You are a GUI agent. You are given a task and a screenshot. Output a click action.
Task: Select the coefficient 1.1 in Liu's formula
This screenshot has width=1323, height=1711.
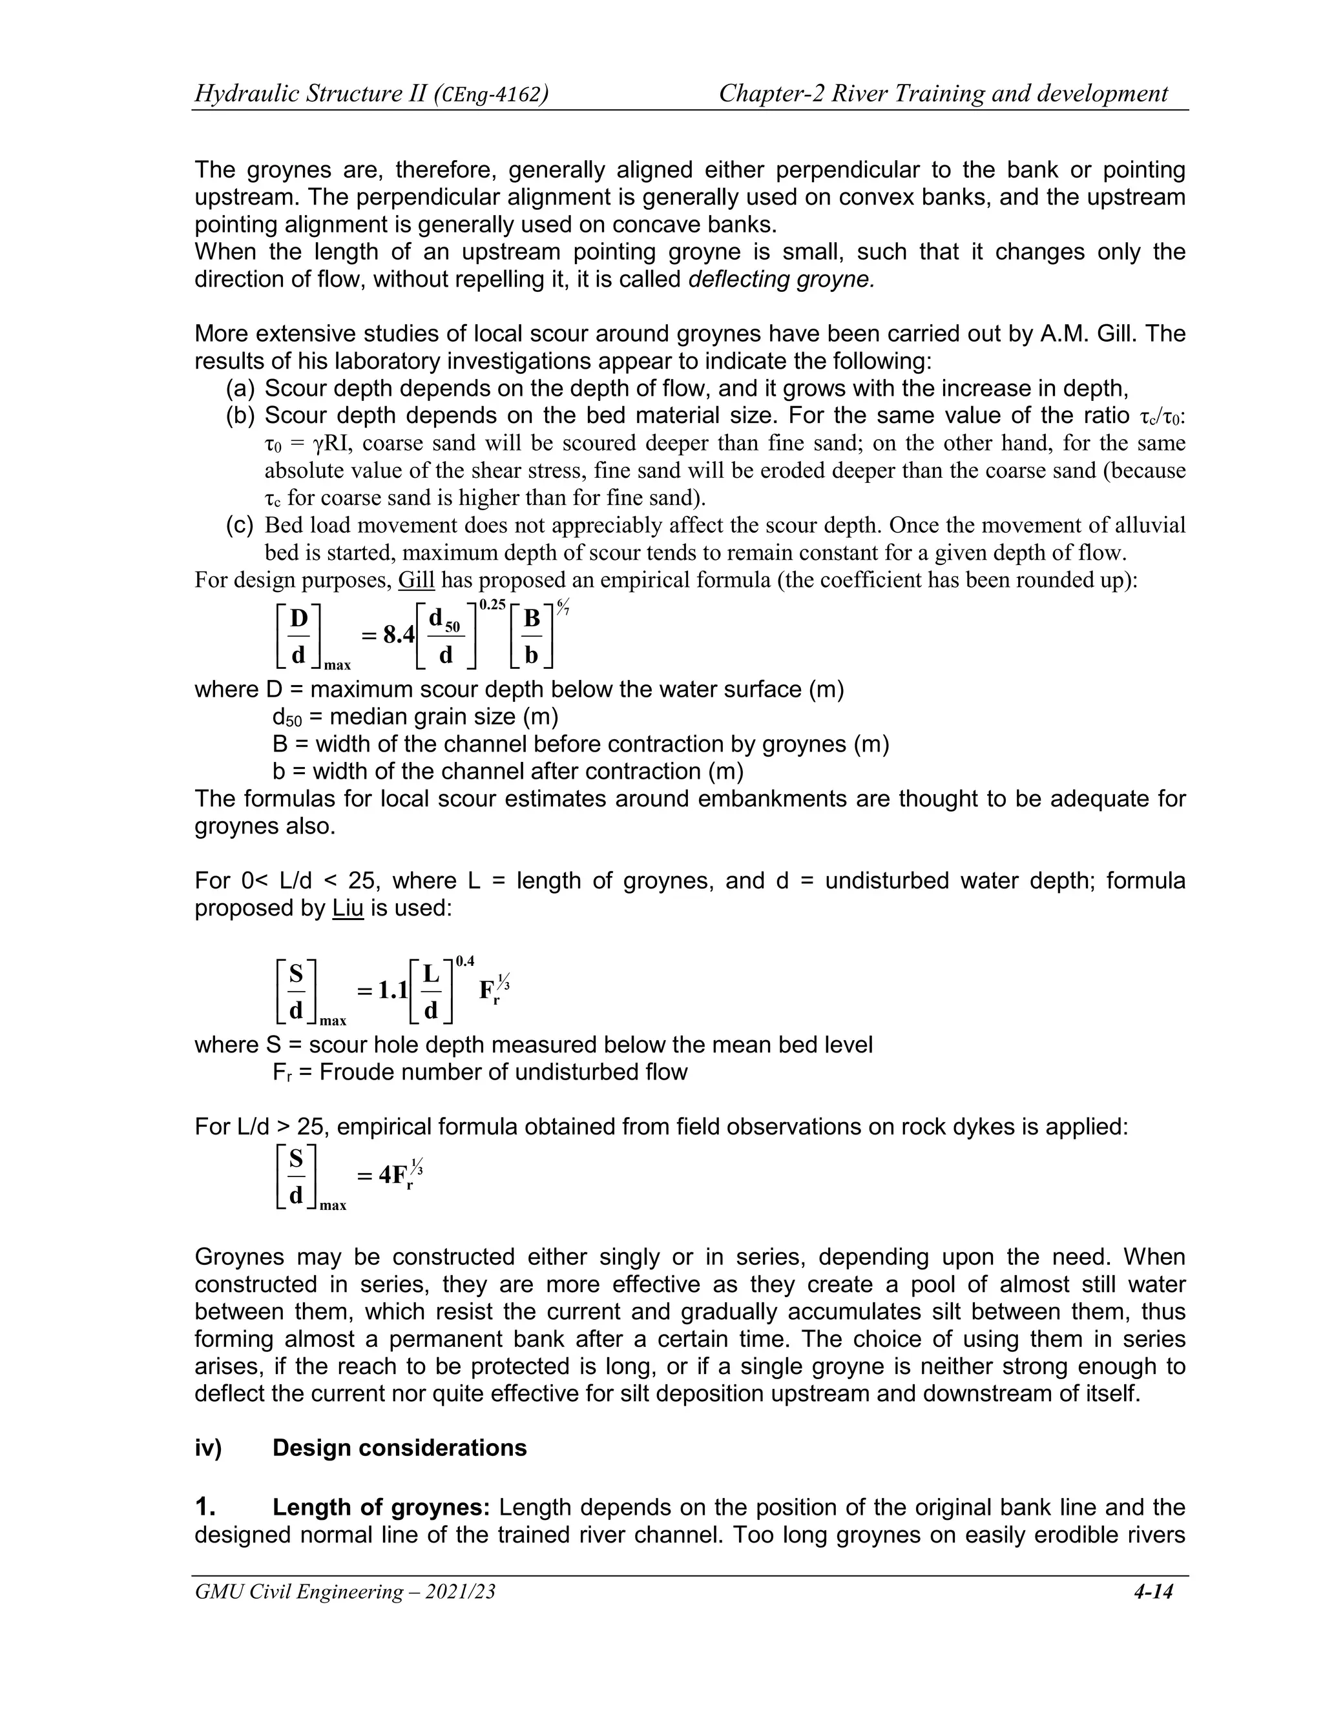(x=392, y=991)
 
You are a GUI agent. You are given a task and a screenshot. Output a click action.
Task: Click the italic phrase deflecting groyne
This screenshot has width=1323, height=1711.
(x=780, y=280)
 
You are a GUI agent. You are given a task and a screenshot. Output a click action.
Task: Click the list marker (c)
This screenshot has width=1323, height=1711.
(x=240, y=526)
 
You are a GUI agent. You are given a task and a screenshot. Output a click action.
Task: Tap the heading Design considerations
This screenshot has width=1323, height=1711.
(x=399, y=1448)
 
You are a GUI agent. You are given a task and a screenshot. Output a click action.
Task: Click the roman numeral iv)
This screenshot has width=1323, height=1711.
(x=208, y=1448)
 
